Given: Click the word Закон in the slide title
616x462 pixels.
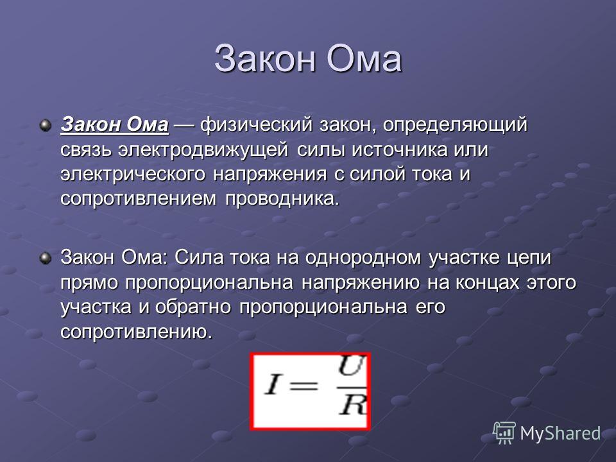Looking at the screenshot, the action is pos(265,59).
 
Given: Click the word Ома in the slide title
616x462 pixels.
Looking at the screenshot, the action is pos(364,59).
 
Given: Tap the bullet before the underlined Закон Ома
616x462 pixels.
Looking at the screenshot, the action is pos(46,126).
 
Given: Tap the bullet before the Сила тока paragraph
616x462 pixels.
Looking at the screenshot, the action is pos(46,259).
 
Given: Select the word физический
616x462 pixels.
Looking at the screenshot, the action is pos(257,125).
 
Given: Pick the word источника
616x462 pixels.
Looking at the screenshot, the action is pos(399,150).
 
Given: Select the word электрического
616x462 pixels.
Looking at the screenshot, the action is pos(133,175).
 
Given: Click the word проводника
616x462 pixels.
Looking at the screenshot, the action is pos(282,199).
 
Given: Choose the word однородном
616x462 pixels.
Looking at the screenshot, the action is pos(362,259).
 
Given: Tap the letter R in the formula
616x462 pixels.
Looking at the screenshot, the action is pos(353,404).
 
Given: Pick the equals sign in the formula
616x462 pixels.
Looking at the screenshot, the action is pos(303,384).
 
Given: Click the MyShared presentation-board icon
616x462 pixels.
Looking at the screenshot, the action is pos(504,433).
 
